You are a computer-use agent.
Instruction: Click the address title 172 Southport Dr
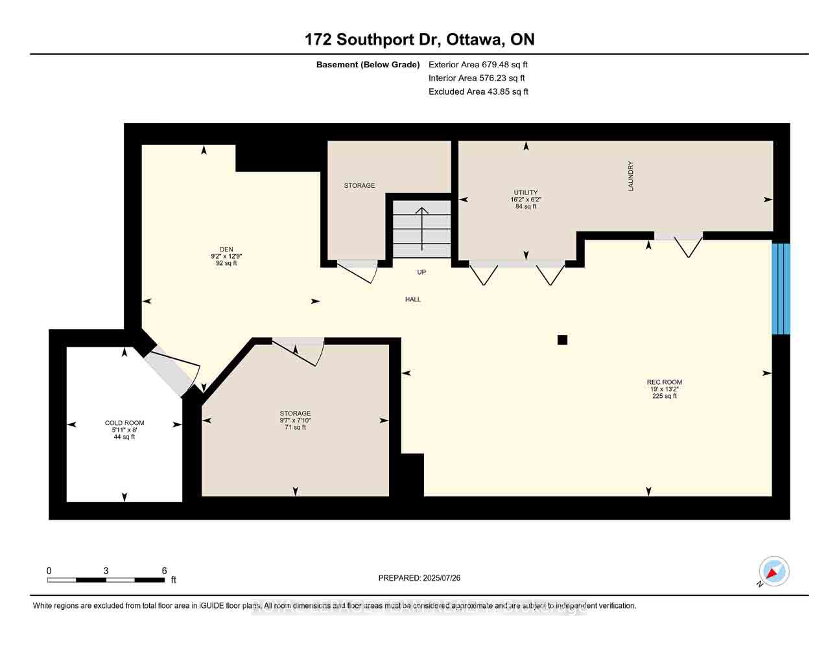419,40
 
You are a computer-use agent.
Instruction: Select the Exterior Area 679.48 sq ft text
478,64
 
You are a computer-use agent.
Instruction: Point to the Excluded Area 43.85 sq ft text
478,91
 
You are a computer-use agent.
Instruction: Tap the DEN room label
226,249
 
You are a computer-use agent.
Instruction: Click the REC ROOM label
664,382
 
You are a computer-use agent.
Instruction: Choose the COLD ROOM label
124,423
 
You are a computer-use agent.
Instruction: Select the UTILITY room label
525,192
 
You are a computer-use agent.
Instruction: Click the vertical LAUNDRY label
630,176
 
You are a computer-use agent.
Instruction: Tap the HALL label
413,299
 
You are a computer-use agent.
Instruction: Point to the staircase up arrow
422,228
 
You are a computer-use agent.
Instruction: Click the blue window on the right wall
781,288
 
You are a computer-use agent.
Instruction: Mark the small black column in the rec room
562,340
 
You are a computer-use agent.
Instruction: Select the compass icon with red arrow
774,571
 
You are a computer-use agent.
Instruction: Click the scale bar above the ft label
106,579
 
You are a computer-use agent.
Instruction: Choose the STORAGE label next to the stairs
359,185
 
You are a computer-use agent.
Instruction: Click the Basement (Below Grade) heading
368,64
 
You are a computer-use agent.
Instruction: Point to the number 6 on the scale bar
165,570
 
